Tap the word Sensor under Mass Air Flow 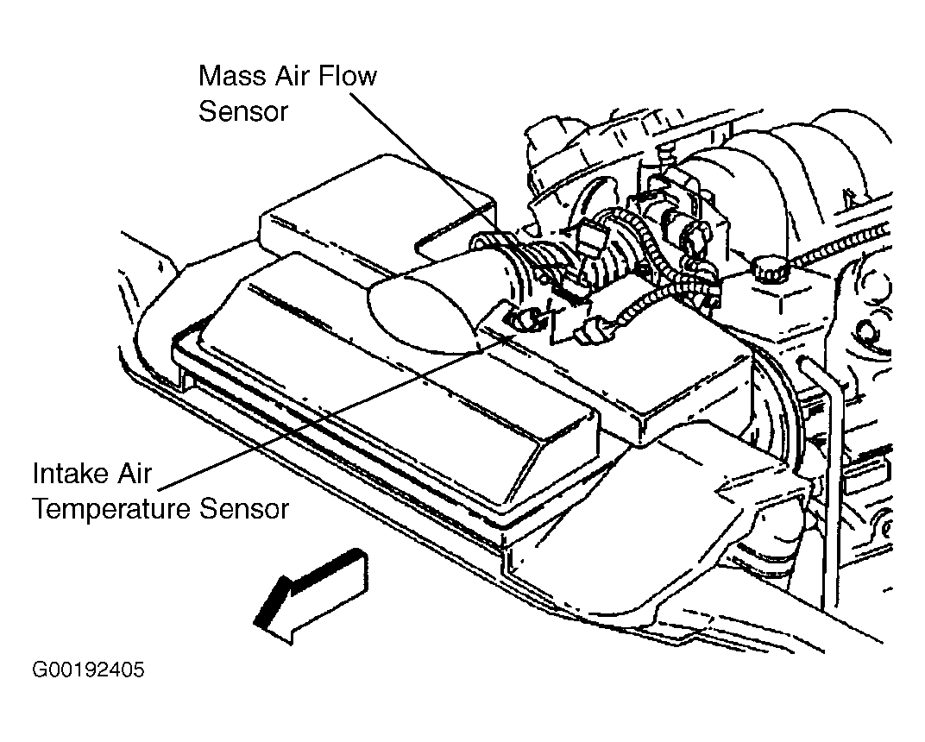243,111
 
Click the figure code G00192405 88,670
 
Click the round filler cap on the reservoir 771,269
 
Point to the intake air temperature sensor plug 522,319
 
